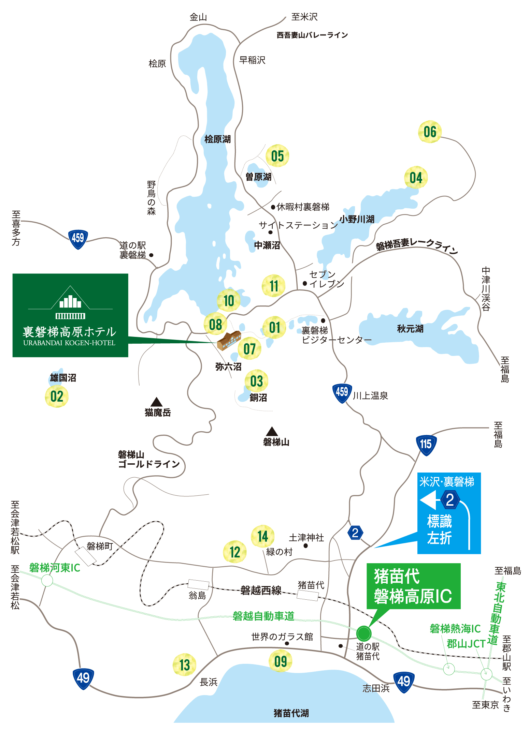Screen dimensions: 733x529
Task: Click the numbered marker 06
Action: [x=430, y=132]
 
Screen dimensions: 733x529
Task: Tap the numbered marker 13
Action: [x=184, y=664]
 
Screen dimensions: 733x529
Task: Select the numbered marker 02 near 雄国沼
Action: [x=57, y=397]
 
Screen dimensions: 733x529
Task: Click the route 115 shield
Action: [x=426, y=445]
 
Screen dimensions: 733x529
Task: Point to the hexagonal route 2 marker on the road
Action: [x=355, y=533]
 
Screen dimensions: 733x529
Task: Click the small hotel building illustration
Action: [x=229, y=340]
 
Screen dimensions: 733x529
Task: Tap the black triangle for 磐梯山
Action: [x=272, y=432]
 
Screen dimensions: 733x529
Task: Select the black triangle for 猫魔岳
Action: [x=156, y=402]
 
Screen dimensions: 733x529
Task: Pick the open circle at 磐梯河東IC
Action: [x=47, y=580]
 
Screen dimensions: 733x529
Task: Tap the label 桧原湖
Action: [x=217, y=139]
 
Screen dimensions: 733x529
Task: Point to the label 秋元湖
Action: [x=410, y=329]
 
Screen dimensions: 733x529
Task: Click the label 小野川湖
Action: [x=357, y=219]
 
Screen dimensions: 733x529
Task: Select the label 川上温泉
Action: [x=370, y=396]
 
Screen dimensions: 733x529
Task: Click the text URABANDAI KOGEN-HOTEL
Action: [x=69, y=343]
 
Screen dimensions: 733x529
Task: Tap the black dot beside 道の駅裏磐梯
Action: [x=151, y=255]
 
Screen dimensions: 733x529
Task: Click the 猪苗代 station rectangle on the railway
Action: [x=308, y=595]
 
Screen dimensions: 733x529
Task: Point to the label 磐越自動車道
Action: [x=263, y=616]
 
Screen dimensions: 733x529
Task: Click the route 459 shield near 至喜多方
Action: [x=78, y=238]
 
